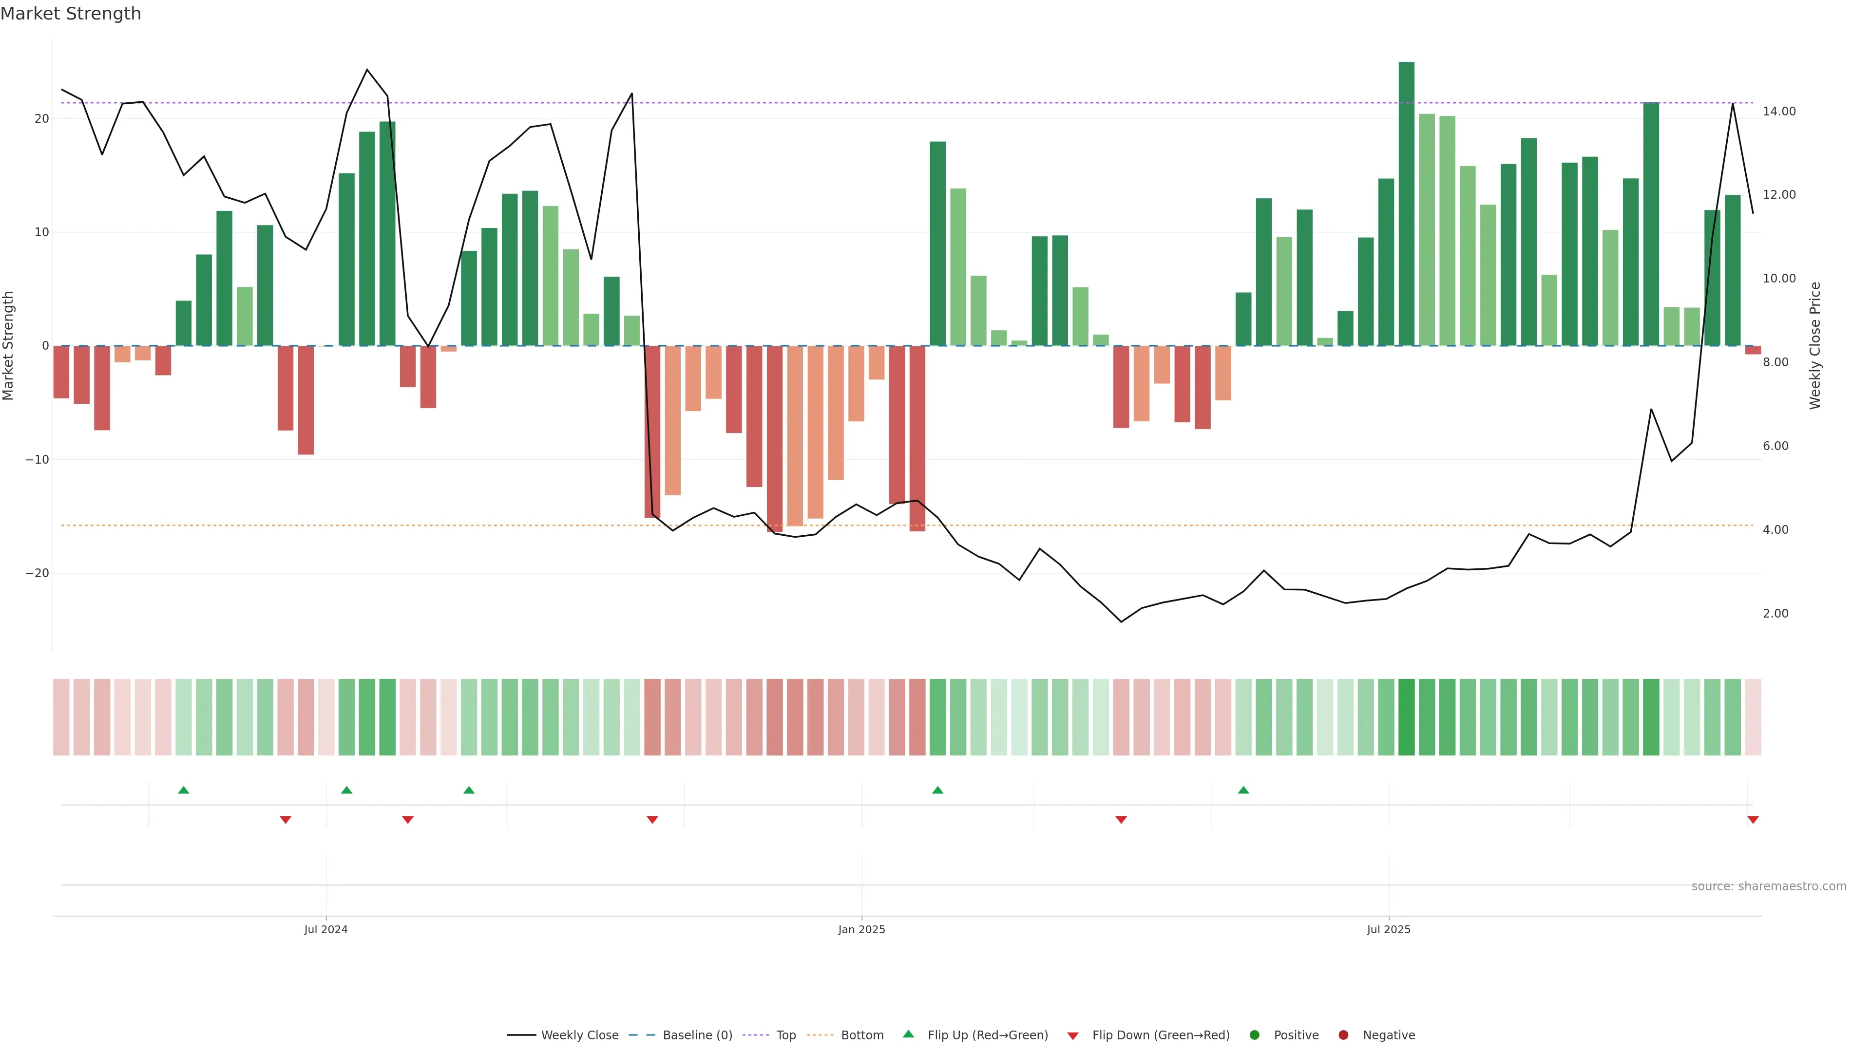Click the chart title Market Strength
click(71, 14)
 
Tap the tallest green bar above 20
click(1406, 203)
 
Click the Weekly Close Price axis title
click(1815, 346)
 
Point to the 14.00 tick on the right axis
click(1779, 111)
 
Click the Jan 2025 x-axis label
click(861, 929)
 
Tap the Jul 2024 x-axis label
click(325, 929)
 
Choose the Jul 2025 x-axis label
click(1388, 929)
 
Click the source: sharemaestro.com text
click(1769, 886)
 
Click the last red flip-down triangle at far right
click(1753, 820)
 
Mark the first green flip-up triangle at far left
click(184, 790)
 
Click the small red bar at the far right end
click(1753, 350)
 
